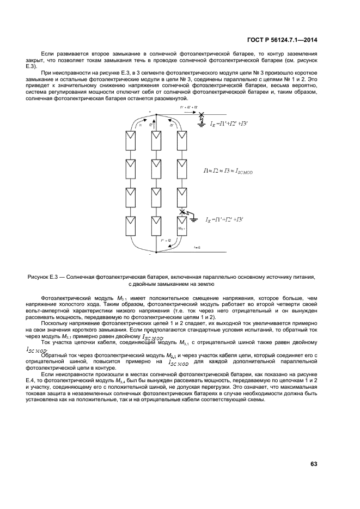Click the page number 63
coord(314,464)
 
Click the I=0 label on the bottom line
coord(197,247)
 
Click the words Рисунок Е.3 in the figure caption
coord(43,277)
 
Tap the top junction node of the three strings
coord(156,115)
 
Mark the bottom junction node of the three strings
coord(156,252)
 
